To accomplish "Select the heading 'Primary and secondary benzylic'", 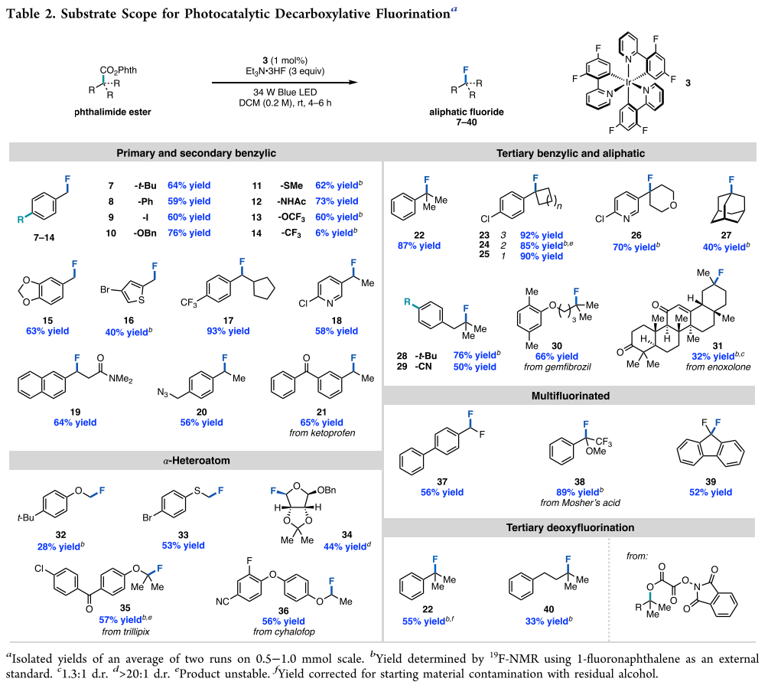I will tap(194, 153).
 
